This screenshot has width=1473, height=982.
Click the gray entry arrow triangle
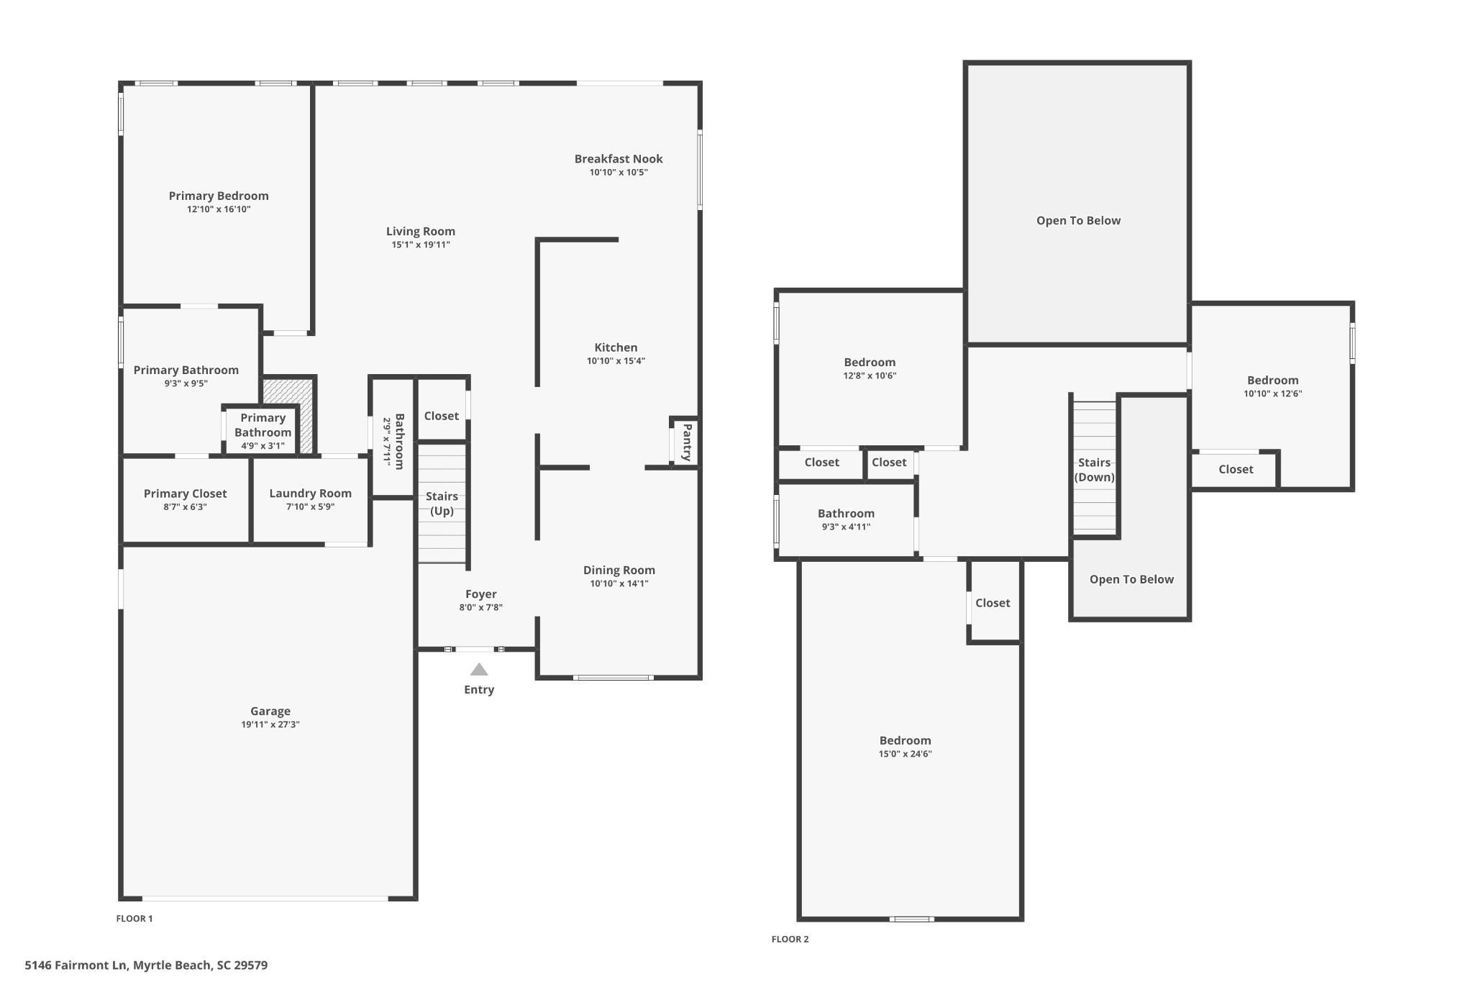479,670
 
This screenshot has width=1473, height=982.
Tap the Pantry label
687,442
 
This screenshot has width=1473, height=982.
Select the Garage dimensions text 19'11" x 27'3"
270,724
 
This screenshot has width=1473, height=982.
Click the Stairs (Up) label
442,504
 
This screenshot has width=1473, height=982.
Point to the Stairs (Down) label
1094,470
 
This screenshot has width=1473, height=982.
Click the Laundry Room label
311,493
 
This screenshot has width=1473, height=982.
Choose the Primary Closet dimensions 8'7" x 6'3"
185,506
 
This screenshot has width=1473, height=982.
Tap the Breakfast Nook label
619,158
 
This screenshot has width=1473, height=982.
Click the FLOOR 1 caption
134,918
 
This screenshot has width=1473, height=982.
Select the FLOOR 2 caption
790,939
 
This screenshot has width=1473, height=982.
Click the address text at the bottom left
146,965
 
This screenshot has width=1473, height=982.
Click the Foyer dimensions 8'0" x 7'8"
481,607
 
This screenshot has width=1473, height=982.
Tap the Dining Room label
619,570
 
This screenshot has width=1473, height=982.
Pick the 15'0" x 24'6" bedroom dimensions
906,754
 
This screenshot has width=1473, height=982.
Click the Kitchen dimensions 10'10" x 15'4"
616,361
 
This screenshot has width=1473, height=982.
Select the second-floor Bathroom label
846,513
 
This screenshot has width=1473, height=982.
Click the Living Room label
421,231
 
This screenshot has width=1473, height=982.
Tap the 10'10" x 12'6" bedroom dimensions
1273,394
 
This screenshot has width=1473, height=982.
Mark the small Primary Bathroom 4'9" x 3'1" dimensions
263,446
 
